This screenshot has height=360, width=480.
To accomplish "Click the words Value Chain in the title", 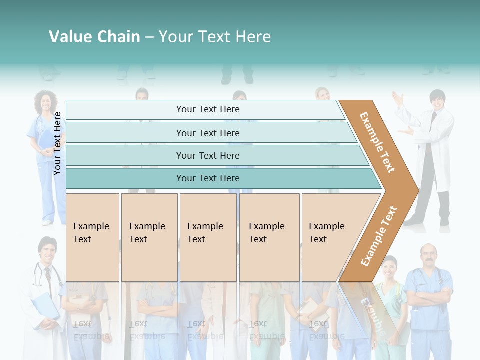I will click(x=94, y=37).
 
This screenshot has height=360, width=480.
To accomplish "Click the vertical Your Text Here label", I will click(x=57, y=143).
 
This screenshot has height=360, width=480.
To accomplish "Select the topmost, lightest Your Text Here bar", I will click(x=207, y=109).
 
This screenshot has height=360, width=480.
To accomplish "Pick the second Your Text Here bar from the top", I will click(x=207, y=133).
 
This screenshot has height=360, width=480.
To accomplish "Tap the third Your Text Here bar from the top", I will click(x=207, y=155).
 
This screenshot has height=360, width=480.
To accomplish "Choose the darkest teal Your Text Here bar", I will click(x=207, y=178).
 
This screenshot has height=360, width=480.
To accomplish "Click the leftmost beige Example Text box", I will click(x=92, y=237).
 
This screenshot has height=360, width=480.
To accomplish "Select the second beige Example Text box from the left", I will click(x=149, y=237).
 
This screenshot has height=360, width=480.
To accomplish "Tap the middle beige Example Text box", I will click(x=208, y=237).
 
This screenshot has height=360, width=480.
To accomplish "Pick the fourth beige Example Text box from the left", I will click(x=269, y=237).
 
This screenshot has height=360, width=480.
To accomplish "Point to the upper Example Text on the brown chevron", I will click(x=377, y=142).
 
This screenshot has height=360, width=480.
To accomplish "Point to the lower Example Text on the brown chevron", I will click(x=378, y=236).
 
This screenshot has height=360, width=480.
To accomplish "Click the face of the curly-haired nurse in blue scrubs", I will click(x=46, y=103).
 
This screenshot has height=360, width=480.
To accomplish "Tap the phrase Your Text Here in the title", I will click(x=215, y=37).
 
